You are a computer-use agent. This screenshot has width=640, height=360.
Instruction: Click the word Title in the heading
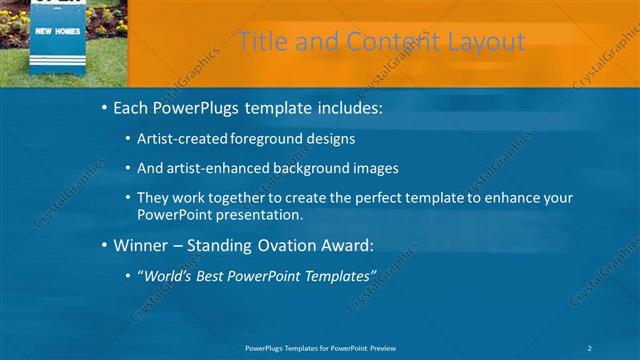(x=263, y=42)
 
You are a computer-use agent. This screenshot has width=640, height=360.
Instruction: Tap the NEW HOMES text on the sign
(x=56, y=32)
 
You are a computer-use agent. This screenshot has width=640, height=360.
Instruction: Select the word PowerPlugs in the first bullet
(x=200, y=107)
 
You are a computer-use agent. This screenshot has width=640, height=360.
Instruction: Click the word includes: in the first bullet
(x=345, y=107)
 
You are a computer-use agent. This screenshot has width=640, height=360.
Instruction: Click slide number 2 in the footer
(x=589, y=347)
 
